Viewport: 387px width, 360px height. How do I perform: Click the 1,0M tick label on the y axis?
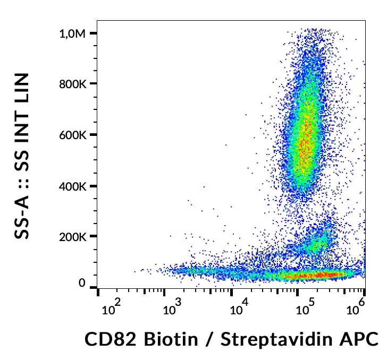pyautogui.click(x=72, y=33)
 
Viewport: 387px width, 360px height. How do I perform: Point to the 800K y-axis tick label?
pyautogui.click(x=72, y=84)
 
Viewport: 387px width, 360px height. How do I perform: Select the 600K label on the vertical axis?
pyautogui.click(x=72, y=135)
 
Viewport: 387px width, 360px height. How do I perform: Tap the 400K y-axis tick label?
pyautogui.click(x=72, y=186)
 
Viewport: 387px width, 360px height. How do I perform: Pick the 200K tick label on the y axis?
pyautogui.click(x=72, y=237)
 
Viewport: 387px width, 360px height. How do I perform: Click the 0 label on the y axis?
pyautogui.click(x=82, y=284)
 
